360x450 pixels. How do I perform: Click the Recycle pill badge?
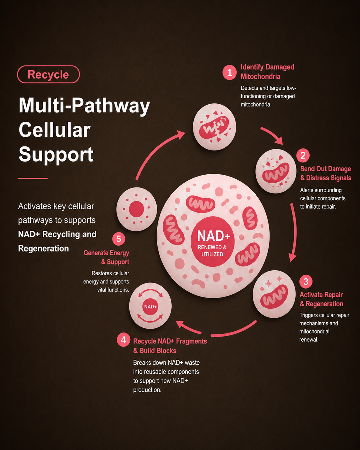48,74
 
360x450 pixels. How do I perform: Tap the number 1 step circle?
229,73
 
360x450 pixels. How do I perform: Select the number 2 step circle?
303,156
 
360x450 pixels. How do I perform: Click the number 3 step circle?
306,281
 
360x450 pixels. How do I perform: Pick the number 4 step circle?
123,340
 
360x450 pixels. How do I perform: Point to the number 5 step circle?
118,239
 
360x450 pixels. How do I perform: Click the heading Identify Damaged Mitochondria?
267,72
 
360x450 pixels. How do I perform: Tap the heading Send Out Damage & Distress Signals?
325,173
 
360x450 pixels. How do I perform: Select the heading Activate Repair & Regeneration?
321,299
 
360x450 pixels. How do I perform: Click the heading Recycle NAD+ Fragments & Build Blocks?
170,346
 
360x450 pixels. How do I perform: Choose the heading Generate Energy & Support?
106,257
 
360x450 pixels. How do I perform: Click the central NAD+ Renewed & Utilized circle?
212,241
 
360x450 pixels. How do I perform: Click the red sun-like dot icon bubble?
136,209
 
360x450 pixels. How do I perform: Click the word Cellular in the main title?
54,130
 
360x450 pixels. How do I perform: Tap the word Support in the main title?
56,155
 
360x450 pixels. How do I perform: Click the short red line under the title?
33,178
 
